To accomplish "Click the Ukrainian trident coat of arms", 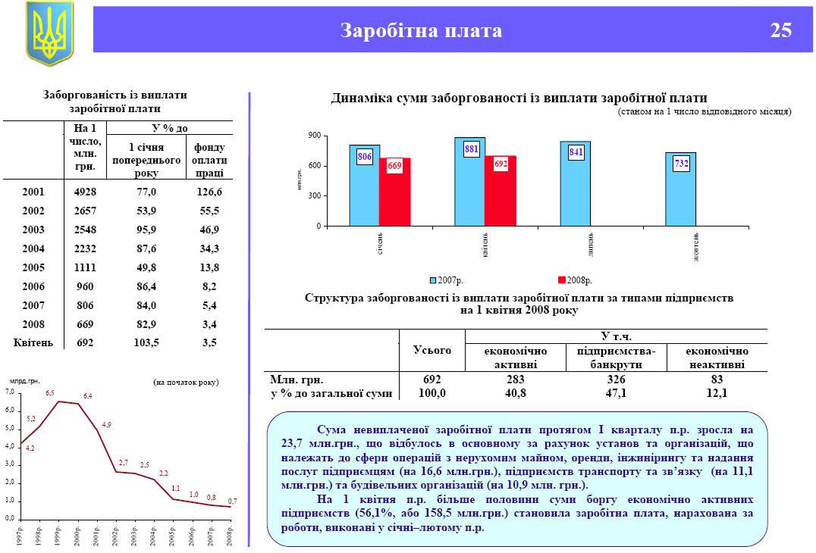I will pos(49,33).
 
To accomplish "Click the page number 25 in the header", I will pos(780,30).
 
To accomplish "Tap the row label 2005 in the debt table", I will pos(33,267).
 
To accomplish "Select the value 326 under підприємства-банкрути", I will pos(616,379).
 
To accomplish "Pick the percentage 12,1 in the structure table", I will pos(716,393).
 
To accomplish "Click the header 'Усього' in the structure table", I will pos(432,350).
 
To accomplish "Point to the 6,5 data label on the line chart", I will pos(50,393).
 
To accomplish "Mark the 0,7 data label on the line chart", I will pos(232,501).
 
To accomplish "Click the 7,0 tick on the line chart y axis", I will pos(10,392).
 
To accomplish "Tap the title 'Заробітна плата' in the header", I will pos(421,30).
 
